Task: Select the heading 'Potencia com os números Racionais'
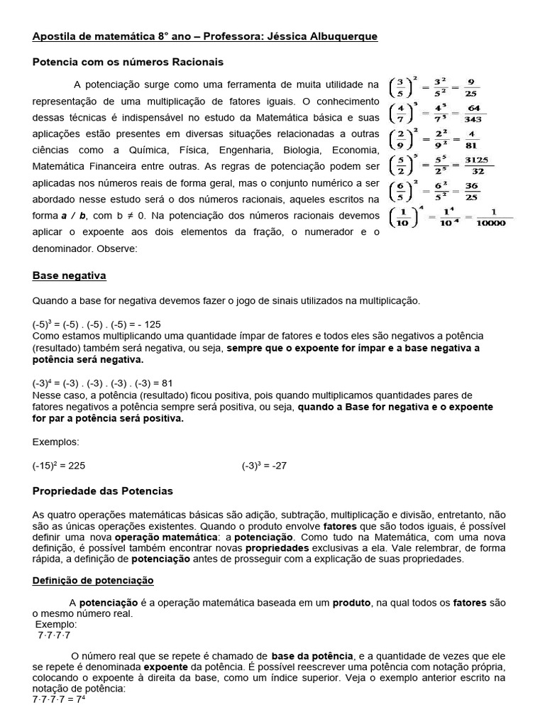(x=128, y=62)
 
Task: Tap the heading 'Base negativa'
(x=70, y=275)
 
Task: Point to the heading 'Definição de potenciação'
(x=93, y=580)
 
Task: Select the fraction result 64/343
(x=473, y=113)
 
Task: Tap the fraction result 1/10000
(x=490, y=217)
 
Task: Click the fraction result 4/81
(x=471, y=140)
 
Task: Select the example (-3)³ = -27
(x=264, y=466)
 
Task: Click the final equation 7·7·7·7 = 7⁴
(x=59, y=699)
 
